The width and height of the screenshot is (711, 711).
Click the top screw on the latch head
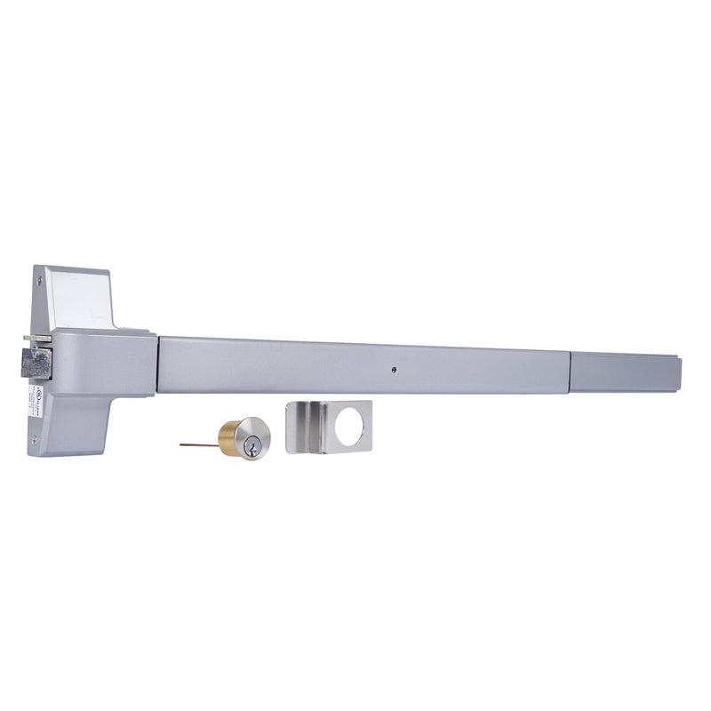(42, 277)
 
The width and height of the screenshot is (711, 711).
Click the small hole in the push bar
(392, 365)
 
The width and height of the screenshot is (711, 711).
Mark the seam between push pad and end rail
(571, 371)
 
